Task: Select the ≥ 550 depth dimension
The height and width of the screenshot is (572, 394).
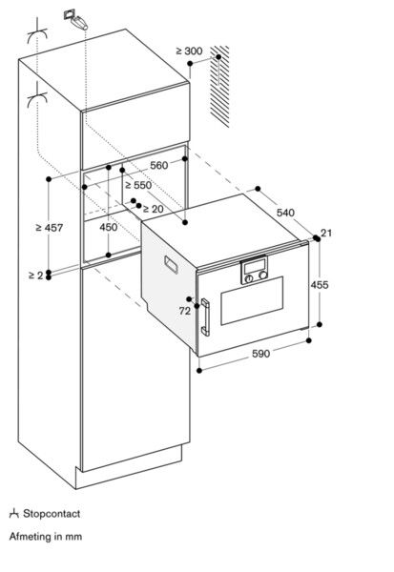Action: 138,185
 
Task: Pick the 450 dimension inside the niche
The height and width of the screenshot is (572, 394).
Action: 110,228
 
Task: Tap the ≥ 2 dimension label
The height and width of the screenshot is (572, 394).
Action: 35,275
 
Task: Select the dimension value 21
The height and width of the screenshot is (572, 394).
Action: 326,234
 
